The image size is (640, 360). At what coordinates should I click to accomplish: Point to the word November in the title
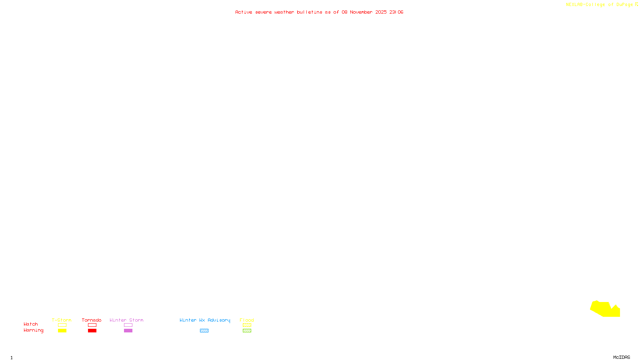361,12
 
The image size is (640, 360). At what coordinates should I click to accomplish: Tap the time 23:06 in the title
396,12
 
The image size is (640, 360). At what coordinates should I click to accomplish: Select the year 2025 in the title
381,12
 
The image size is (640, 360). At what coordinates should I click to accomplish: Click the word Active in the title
244,12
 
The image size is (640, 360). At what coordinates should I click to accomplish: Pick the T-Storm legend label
62,320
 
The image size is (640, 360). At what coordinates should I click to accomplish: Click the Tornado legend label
92,320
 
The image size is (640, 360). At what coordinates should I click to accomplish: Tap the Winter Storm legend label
126,320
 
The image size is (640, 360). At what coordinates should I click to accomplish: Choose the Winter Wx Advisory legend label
205,320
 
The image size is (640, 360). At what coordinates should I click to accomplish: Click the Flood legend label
247,320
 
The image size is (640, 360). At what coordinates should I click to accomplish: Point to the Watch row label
31,324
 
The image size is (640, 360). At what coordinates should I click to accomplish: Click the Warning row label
33,330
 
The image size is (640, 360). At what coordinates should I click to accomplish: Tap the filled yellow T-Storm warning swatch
62,331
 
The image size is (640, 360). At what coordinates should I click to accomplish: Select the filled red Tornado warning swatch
92,331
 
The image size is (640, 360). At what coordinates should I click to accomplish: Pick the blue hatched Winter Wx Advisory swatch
204,331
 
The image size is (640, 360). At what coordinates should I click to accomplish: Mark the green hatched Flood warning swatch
247,331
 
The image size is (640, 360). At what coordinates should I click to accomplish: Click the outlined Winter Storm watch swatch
128,325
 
